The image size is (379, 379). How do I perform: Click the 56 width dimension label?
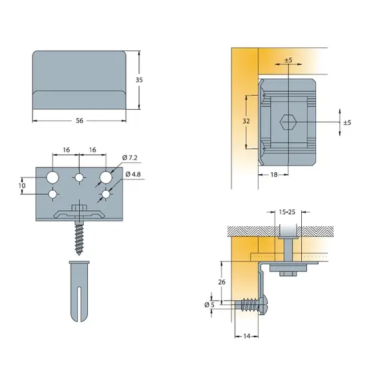80,120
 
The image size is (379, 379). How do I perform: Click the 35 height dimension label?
139,80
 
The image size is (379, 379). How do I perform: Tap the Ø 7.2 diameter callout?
130,158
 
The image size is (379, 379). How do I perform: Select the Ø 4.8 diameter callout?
133,174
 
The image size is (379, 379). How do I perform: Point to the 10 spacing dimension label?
22,186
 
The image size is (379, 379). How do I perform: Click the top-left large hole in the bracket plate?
53,178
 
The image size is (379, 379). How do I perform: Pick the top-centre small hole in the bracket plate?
79,178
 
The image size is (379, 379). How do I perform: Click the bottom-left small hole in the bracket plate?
53,194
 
